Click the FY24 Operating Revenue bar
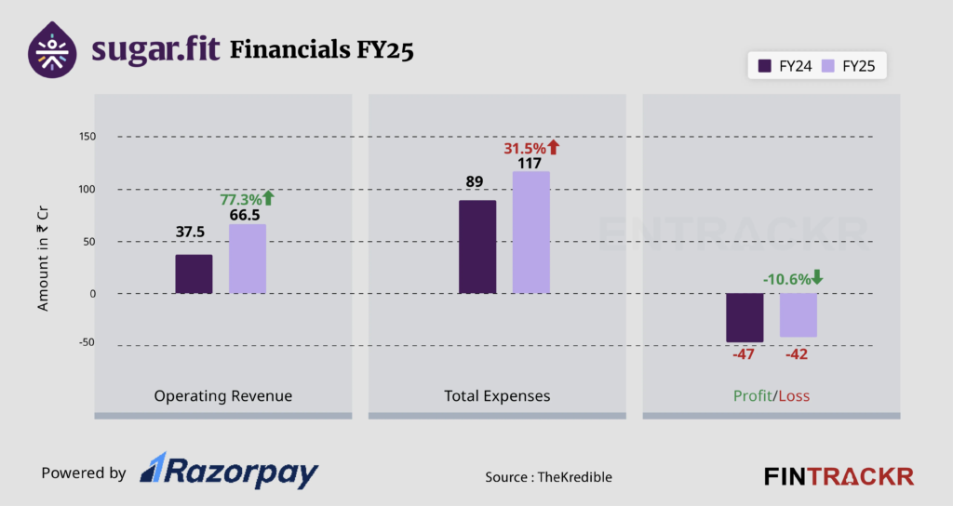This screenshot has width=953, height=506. click(x=194, y=274)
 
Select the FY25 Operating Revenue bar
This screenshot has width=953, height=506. click(x=248, y=259)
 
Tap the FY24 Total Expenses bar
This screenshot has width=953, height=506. click(x=477, y=247)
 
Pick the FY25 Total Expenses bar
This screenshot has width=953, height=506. click(x=531, y=233)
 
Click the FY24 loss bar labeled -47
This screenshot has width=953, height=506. click(x=745, y=317)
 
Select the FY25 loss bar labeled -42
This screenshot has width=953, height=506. click(x=799, y=315)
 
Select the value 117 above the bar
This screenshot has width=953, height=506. click(x=531, y=164)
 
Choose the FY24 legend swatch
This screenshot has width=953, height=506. click(x=766, y=66)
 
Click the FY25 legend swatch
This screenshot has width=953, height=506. click(x=829, y=66)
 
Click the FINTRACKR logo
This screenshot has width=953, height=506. click(x=839, y=476)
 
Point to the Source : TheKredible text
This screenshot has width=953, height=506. click(x=548, y=477)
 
